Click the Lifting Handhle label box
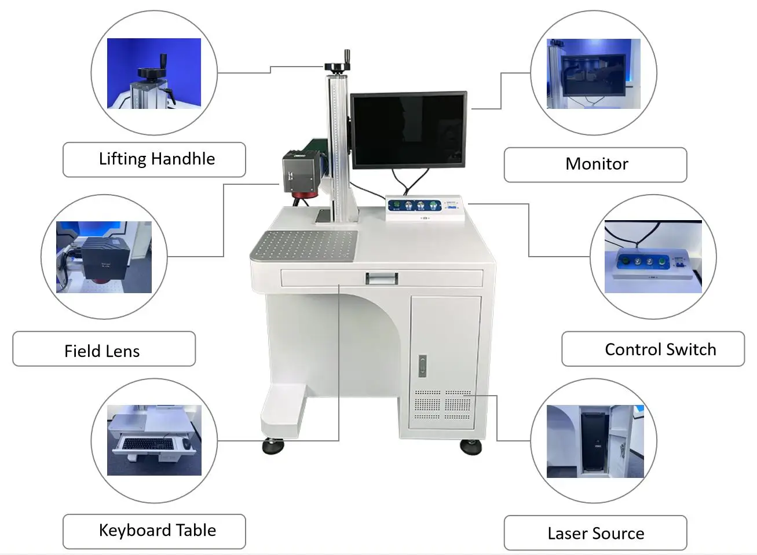[154, 159]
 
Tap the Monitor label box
[595, 165]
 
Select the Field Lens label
[104, 349]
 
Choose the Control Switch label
[653, 349]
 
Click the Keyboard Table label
[154, 531]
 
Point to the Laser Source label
[595, 533]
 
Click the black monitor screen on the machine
[408, 130]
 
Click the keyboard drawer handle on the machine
[381, 279]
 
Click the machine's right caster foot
[470, 447]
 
